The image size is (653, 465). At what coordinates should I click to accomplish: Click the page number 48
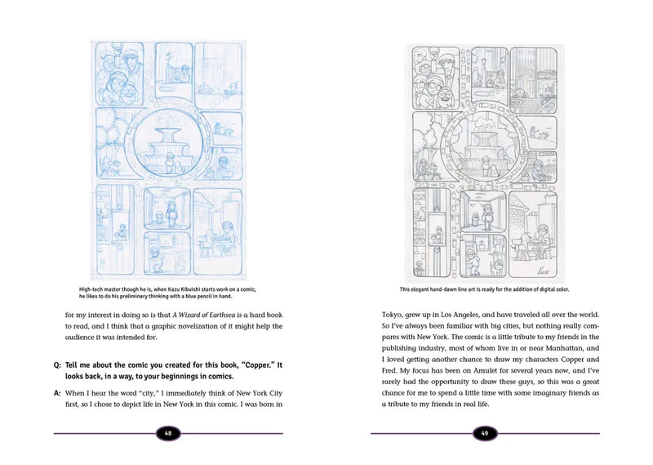tap(168, 433)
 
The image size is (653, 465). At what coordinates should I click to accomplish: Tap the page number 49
tap(485, 433)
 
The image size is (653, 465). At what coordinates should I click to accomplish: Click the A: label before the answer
tap(58, 393)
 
